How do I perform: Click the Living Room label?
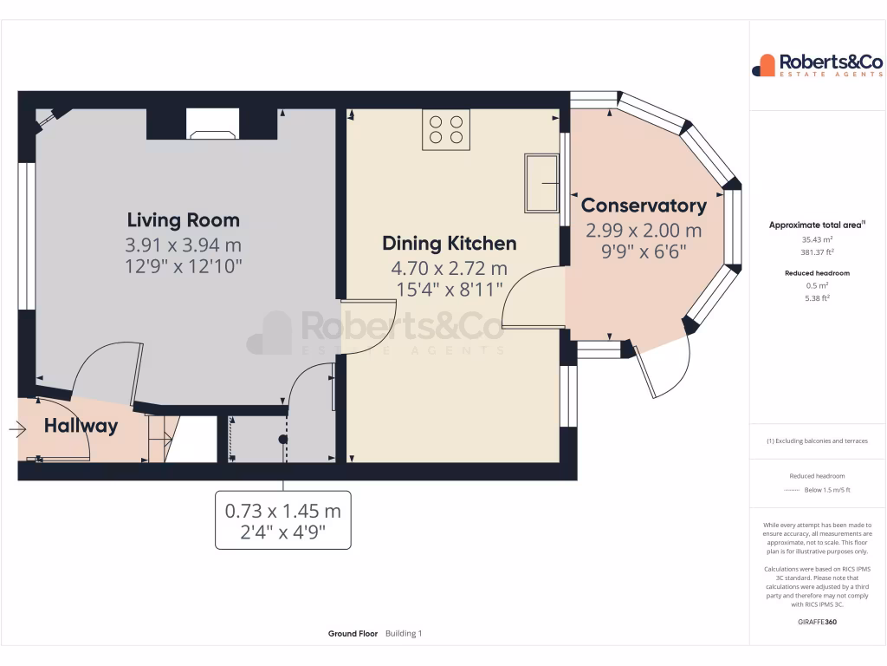(184, 219)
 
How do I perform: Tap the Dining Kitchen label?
(450, 243)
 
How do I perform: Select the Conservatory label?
(644, 205)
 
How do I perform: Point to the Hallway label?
(81, 425)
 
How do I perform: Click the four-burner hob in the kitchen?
(446, 130)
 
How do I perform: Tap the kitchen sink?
(541, 183)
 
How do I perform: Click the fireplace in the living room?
(213, 124)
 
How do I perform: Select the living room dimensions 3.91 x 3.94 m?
(184, 245)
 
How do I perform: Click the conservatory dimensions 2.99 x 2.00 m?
(644, 230)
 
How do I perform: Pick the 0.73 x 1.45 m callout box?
(283, 520)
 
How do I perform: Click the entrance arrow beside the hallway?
(17, 429)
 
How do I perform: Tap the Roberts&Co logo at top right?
(817, 65)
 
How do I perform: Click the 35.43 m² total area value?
(817, 239)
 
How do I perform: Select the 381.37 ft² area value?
(817, 252)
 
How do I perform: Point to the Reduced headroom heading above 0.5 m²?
(817, 273)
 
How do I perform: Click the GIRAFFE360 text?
(817, 622)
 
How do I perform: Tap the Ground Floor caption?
(353, 634)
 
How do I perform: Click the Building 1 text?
(404, 634)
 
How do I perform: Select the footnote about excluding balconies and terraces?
(817, 441)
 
